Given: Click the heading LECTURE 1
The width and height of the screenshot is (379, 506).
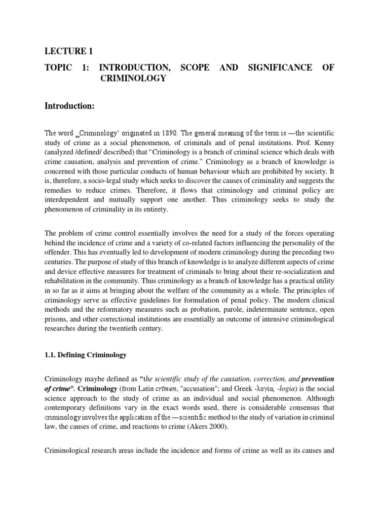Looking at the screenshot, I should (x=69, y=51).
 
